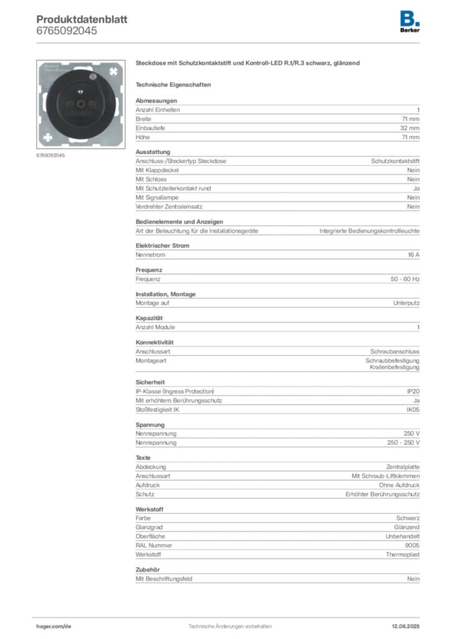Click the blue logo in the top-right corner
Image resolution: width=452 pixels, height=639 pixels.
point(410,17)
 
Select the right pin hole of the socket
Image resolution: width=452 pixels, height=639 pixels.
point(95,103)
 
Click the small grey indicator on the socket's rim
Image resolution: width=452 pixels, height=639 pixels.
point(92,77)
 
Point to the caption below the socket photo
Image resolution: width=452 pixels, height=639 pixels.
point(52,157)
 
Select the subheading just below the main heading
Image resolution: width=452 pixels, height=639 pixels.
point(175,84)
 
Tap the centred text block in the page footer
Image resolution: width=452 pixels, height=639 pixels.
point(230,624)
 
